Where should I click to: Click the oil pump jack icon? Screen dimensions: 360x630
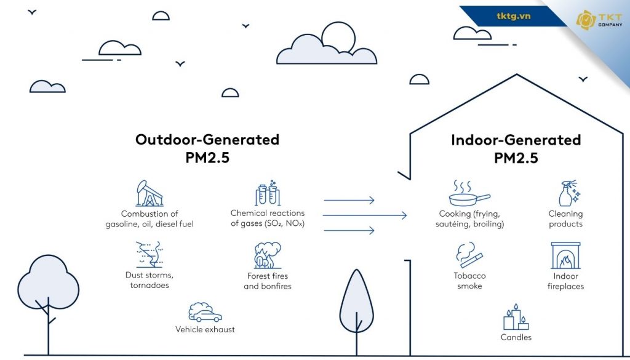149,193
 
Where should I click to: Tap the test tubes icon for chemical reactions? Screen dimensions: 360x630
268,194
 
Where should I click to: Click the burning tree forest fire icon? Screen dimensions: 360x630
267,256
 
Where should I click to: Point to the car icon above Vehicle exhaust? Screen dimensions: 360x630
205,313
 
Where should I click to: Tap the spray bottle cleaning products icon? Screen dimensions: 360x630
566,194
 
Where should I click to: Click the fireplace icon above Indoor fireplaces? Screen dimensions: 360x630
565,256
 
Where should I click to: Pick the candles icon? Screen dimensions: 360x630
516,318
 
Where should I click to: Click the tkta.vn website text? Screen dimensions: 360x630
513,16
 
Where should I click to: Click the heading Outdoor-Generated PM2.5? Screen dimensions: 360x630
207,148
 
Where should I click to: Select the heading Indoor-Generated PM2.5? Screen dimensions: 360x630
516,148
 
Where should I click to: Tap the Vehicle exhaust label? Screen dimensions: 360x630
205,329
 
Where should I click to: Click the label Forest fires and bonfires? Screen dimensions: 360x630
267,281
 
